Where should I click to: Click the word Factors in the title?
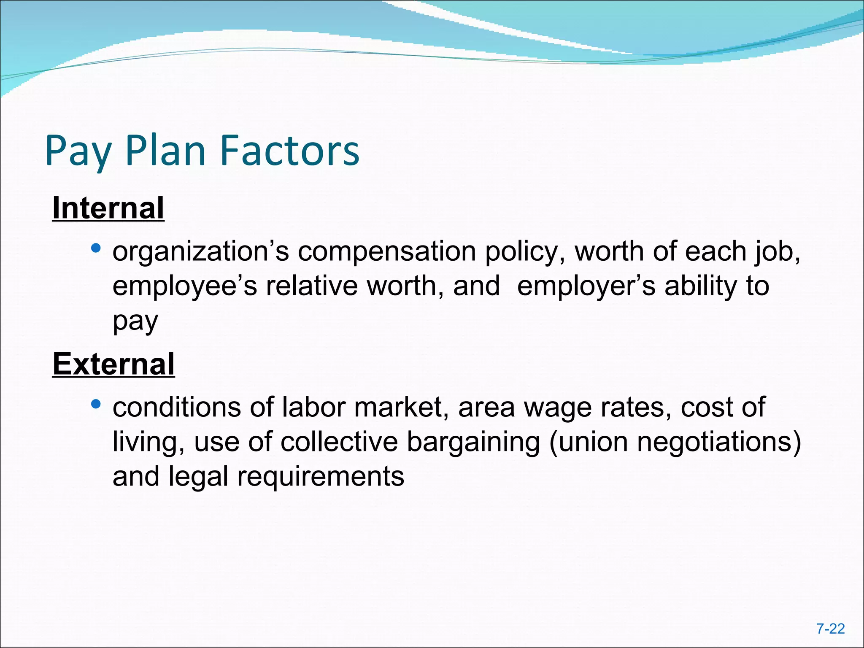tap(290, 151)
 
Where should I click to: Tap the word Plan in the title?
tap(165, 151)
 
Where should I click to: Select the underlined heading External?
tap(113, 364)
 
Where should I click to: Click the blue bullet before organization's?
tap(96, 248)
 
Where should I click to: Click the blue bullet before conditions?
tap(96, 404)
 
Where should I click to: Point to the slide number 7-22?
tap(830, 629)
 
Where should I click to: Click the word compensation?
tap(387, 252)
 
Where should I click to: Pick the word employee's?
tap(184, 287)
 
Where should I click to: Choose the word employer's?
tap(586, 287)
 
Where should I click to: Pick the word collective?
tap(339, 442)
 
